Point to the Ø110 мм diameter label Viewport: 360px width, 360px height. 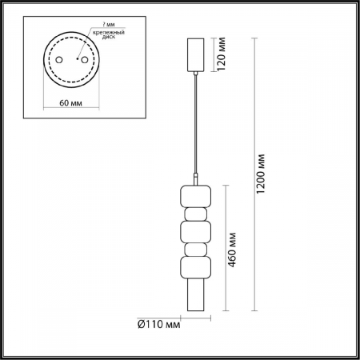(x=158, y=325)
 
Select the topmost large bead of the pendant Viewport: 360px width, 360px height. (x=195, y=197)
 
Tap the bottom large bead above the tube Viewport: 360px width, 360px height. (x=195, y=268)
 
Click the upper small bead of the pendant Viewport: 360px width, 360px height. (x=195, y=214)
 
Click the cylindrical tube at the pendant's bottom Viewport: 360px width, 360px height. (x=195, y=296)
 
